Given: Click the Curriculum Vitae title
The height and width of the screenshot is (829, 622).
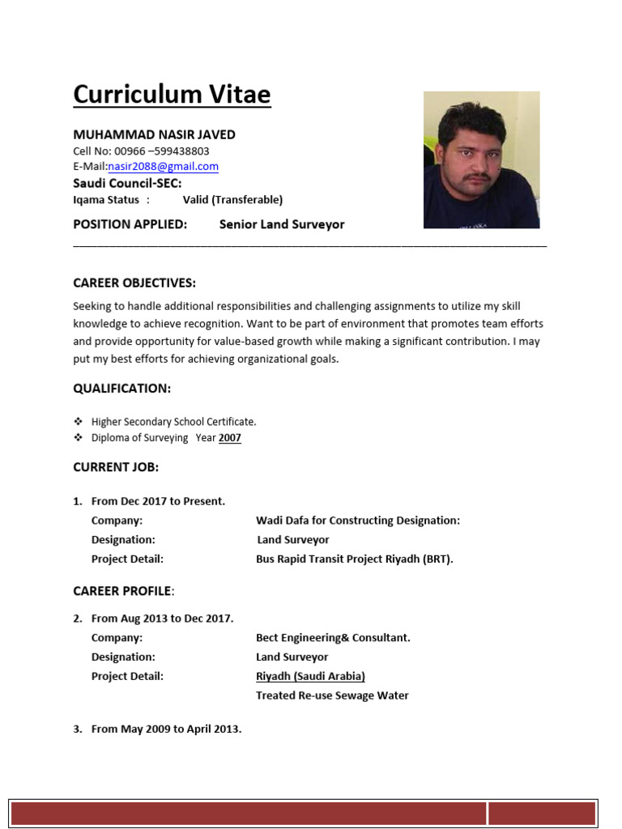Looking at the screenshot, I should (x=172, y=95).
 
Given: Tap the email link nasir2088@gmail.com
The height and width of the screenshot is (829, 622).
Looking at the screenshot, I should (x=163, y=167).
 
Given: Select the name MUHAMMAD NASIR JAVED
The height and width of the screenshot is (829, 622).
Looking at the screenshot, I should (x=154, y=134).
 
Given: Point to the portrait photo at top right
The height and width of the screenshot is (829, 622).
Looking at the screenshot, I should (x=481, y=159).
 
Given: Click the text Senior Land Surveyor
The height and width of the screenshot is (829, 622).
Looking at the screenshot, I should (x=281, y=224).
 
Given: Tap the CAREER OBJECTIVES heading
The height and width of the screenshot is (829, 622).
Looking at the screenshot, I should (x=134, y=283).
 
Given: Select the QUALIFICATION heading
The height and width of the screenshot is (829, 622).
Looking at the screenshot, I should (x=121, y=389).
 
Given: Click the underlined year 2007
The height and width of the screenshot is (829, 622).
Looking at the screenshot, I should (x=230, y=438).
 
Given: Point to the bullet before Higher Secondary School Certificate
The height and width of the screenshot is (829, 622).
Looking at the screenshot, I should (x=79, y=422).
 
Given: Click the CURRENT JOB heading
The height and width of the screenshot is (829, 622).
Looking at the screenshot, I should (x=116, y=467).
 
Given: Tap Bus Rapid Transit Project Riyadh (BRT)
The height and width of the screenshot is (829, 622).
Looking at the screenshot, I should (x=354, y=559).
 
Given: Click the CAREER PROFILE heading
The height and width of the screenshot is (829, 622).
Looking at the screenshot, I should (x=122, y=591).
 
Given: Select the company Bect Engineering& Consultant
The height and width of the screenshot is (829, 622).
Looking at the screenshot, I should (x=333, y=638).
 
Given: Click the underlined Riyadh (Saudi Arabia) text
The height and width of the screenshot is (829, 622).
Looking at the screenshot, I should (x=310, y=676).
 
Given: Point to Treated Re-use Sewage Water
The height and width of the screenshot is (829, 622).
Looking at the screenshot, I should (x=332, y=695).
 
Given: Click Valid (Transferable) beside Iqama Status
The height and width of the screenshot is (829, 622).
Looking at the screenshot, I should (x=232, y=200).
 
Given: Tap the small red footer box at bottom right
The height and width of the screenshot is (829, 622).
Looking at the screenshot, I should (x=542, y=814).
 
